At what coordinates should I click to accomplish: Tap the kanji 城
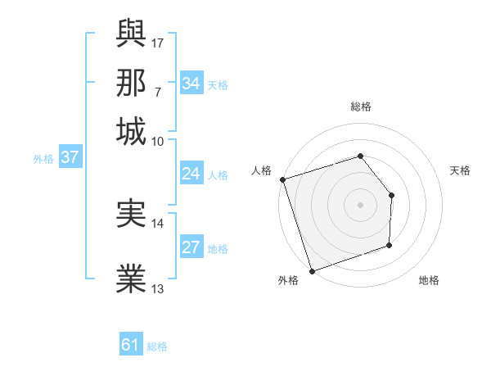point(132,131)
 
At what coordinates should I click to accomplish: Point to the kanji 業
point(132,279)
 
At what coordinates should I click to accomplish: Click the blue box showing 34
point(191,83)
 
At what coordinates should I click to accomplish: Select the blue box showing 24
point(191,174)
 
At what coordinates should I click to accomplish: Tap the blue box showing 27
point(191,248)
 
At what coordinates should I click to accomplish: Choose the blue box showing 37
point(70,158)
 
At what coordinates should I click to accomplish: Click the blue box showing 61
point(131,345)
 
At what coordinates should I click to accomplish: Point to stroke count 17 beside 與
point(159,43)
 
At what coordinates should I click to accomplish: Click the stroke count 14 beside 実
point(158,223)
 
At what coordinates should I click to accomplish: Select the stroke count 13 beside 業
point(158,288)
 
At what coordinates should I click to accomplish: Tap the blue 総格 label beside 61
point(157,346)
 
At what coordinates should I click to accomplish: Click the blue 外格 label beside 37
point(43,159)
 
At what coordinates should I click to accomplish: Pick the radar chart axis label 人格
point(262,170)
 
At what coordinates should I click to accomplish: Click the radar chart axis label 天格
point(460,170)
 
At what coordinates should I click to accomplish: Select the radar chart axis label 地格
point(429,281)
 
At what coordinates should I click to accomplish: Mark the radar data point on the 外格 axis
point(312,271)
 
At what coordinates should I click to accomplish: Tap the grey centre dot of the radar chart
point(360,204)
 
